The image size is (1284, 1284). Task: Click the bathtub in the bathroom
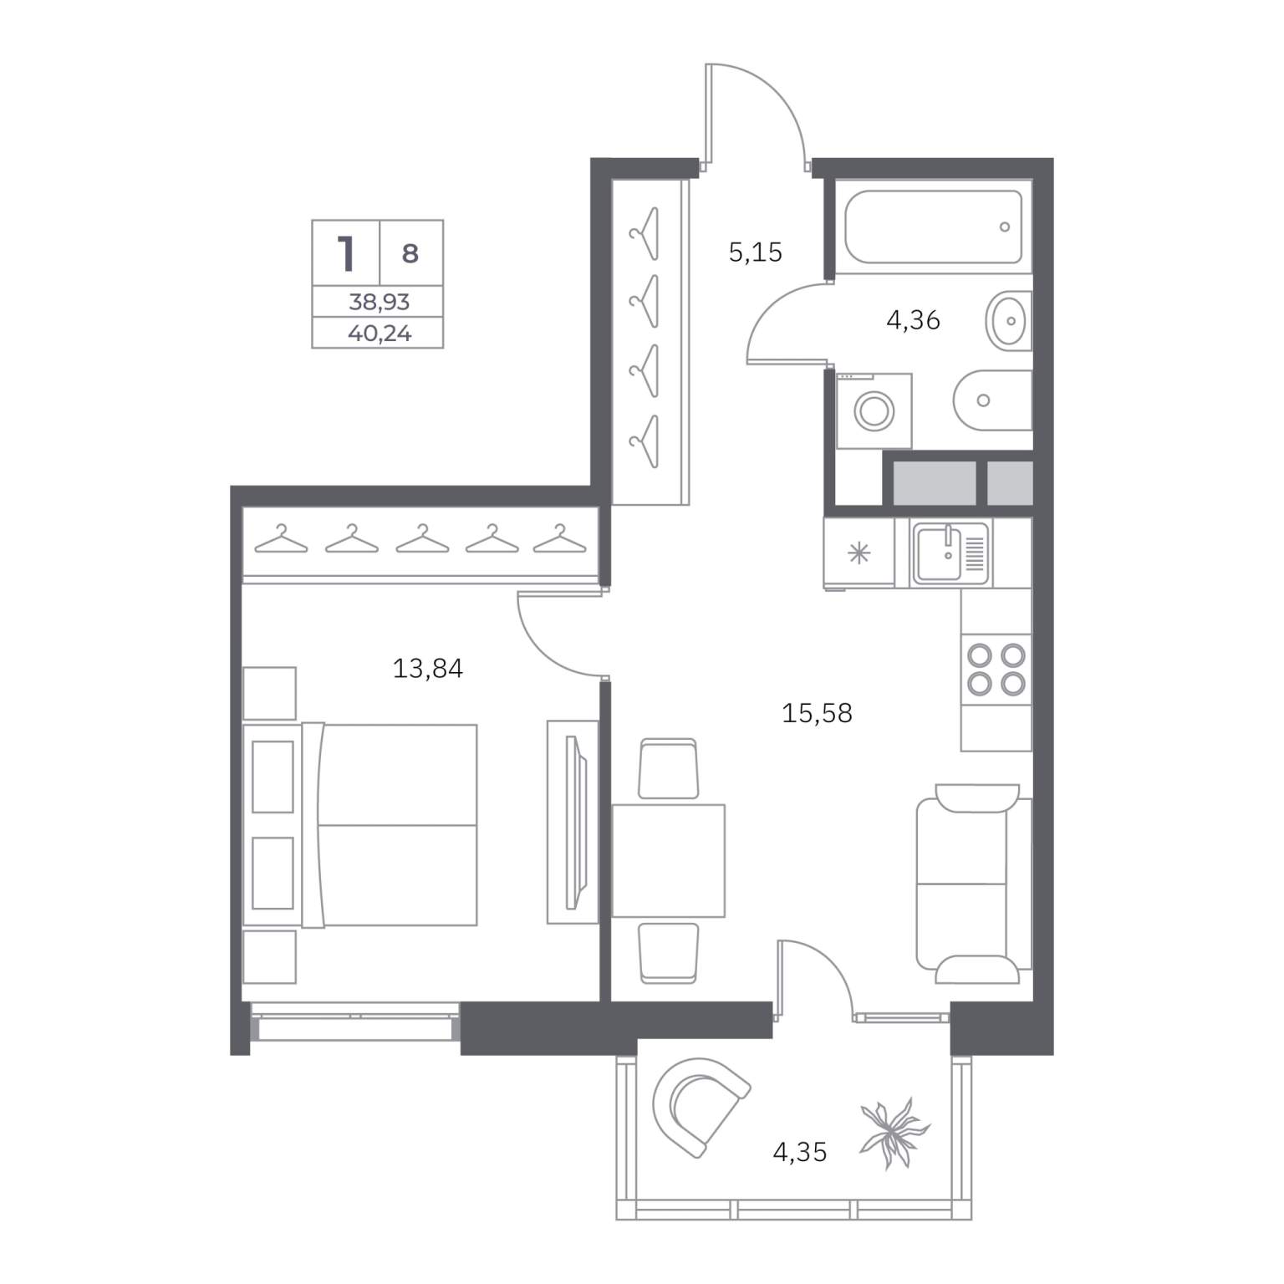(933, 227)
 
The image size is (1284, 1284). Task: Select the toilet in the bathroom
(993, 400)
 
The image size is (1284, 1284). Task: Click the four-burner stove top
(996, 670)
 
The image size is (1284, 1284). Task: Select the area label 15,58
(817, 713)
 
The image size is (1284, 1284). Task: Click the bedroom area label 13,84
(428, 669)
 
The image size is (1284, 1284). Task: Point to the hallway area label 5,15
(756, 252)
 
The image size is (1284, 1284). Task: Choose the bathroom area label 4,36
(913, 319)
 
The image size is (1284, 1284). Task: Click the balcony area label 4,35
(800, 1152)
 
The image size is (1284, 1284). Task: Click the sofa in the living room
(974, 884)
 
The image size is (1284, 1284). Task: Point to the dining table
(668, 861)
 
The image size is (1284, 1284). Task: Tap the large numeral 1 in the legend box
(345, 253)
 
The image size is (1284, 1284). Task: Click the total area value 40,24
(380, 334)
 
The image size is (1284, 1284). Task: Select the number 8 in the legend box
(410, 253)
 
